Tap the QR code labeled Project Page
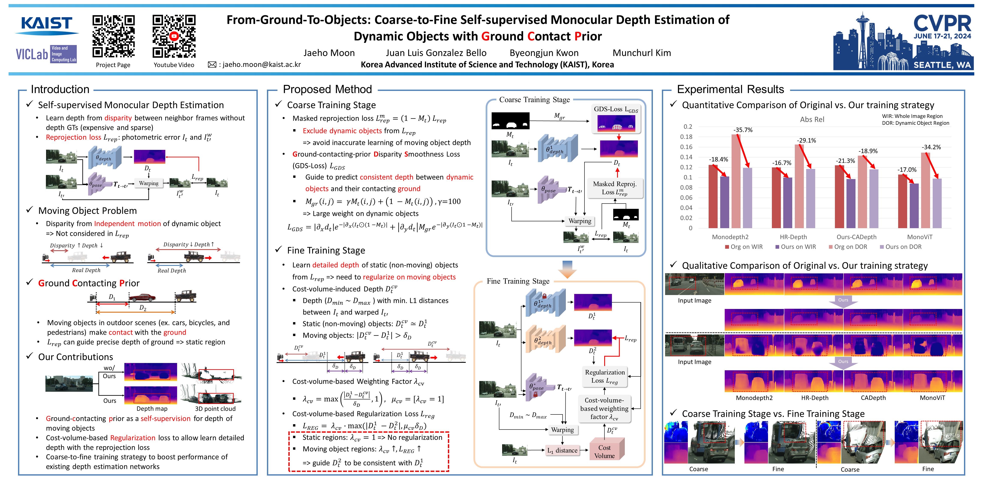[113, 36]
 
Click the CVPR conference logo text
[942, 24]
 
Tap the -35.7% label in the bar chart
[743, 130]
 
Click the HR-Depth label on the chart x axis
[793, 237]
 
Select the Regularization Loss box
[604, 376]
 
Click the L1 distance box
[562, 450]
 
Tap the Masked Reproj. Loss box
[614, 188]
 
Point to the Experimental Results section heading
[730, 89]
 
